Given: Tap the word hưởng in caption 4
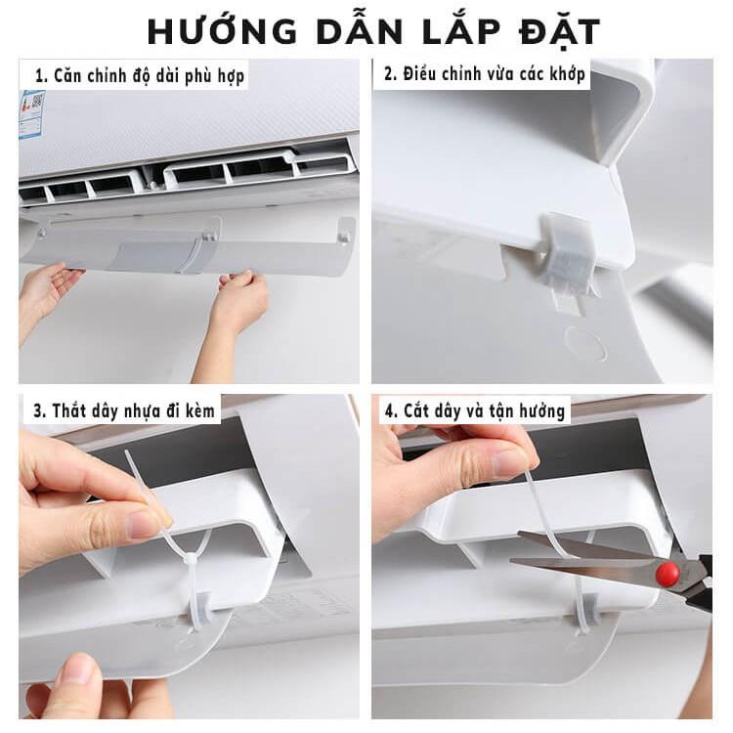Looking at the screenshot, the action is pyautogui.click(x=540, y=412).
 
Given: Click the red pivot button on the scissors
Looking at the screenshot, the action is pyautogui.click(x=667, y=571).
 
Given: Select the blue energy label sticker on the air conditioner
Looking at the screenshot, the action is pyautogui.click(x=31, y=115).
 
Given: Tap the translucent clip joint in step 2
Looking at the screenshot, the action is pyautogui.click(x=568, y=255).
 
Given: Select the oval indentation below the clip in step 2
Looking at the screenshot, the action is pyautogui.click(x=585, y=343).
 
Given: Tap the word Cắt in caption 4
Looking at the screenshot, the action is pyautogui.click(x=416, y=410).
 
